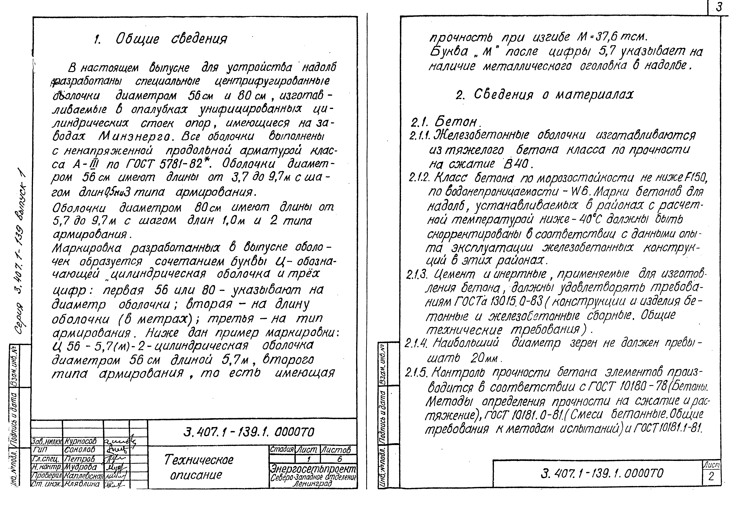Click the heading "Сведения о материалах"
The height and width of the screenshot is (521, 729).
pos(545,95)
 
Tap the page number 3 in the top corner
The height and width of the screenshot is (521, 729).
pos(718,7)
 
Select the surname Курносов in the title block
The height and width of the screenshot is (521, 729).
pos(80,441)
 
